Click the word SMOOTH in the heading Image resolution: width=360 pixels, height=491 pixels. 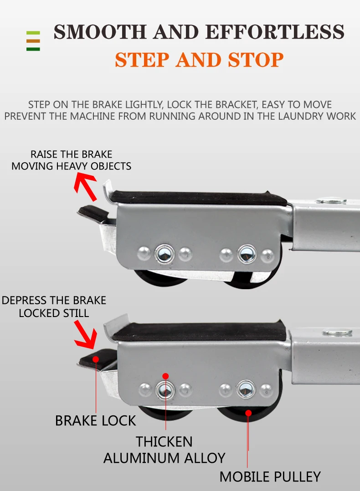pos(100,32)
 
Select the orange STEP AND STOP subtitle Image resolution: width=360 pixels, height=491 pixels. pos(199,60)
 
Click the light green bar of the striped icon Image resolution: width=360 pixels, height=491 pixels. pos(33,33)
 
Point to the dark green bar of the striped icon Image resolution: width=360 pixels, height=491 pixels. pos(33,49)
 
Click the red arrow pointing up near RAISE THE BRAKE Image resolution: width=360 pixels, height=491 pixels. pos(86,187)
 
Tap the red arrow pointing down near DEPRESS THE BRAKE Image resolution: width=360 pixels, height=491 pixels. pos(86,335)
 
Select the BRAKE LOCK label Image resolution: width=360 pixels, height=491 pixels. pos(96,420)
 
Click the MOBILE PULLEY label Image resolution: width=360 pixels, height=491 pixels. pos(270,476)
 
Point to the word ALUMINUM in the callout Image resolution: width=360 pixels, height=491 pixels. pos(141,458)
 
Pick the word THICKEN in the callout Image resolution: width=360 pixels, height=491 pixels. pos(164,441)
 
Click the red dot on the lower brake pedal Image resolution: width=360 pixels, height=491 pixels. pos(96,359)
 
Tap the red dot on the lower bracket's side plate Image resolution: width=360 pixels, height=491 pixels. pos(166,376)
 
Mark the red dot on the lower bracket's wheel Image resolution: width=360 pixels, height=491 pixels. pos(248,413)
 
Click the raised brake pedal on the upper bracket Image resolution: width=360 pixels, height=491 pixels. pos(93,212)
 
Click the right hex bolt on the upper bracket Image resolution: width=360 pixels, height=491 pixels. pos(247,253)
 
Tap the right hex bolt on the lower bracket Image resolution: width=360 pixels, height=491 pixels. pos(246,389)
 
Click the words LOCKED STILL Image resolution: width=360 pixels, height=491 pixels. pos(54,313)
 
